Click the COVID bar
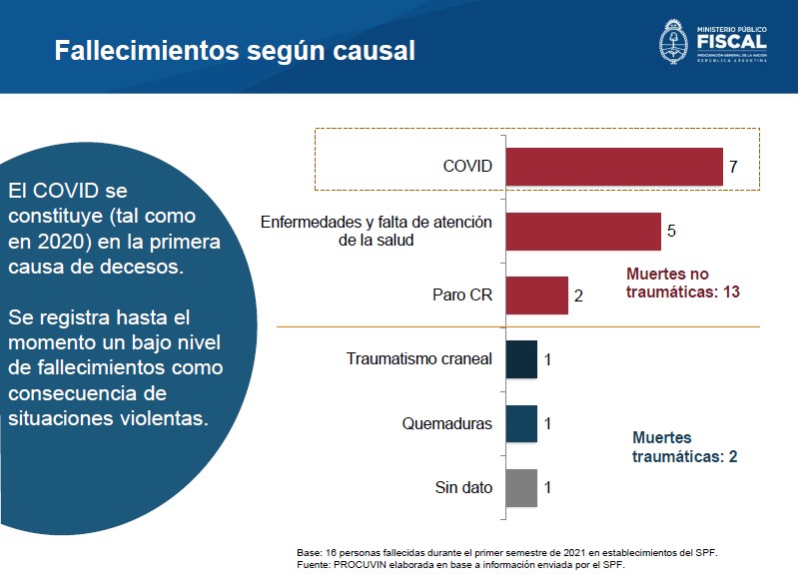click(613, 167)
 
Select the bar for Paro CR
click(536, 295)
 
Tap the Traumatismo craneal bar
click(521, 359)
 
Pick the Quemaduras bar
click(521, 423)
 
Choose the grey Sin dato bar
click(521, 488)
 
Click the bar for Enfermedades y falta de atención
click(583, 231)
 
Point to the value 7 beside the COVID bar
click(733, 167)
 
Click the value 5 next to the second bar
click(671, 232)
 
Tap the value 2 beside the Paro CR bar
click(577, 295)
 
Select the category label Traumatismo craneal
click(418, 358)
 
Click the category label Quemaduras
click(446, 423)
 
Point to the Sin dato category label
click(463, 488)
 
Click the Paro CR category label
click(462, 294)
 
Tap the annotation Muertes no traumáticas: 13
click(682, 284)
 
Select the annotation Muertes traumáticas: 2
click(684, 447)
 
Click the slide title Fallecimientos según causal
click(235, 51)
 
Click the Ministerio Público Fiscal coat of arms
click(673, 41)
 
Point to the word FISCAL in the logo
click(732, 43)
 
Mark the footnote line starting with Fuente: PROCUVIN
click(461, 565)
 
